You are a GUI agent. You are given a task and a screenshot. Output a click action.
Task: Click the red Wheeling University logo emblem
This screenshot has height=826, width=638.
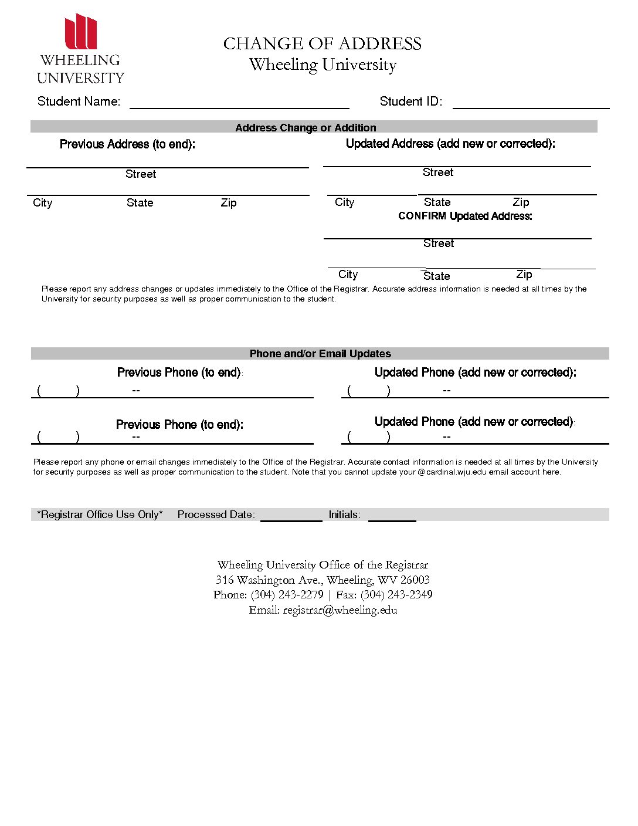point(80,32)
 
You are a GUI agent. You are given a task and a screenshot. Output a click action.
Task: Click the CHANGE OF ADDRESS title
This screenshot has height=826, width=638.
point(322,44)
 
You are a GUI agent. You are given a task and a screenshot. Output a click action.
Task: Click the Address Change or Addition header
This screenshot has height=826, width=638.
point(306,127)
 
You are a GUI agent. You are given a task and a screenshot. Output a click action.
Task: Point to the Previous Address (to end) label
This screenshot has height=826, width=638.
point(127,144)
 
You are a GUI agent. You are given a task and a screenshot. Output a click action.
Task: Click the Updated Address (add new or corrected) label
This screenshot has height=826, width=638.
point(450,144)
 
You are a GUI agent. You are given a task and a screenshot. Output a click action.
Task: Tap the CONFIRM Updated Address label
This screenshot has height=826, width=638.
point(465,216)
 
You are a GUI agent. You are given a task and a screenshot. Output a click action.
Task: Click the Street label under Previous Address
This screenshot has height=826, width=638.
point(141,174)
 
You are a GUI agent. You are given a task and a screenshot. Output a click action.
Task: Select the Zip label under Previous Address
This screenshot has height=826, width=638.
point(229,203)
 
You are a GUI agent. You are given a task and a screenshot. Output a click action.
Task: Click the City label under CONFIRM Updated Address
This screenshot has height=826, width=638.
point(348,275)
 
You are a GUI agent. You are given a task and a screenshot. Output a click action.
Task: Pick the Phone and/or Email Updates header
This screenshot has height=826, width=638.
point(320,354)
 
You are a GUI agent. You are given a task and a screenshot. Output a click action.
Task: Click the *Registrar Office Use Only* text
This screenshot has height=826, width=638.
point(100,514)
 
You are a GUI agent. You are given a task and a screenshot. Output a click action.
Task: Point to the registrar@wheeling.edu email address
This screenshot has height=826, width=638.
point(340,610)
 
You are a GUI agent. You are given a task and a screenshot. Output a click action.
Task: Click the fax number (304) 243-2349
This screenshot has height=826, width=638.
point(396,595)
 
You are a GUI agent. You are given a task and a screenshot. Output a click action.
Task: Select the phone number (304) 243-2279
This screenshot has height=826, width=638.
point(287,595)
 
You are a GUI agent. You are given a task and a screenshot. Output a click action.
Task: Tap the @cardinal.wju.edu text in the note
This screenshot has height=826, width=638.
point(452,472)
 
